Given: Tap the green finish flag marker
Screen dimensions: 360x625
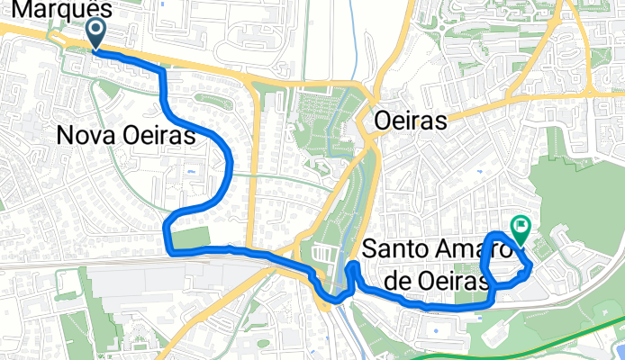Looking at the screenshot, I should [521, 229].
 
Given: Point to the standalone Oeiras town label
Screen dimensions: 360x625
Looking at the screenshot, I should [411, 121].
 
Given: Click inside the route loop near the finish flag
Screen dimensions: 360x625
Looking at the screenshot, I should [504, 261].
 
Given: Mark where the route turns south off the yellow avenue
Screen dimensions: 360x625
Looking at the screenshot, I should [162, 69].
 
